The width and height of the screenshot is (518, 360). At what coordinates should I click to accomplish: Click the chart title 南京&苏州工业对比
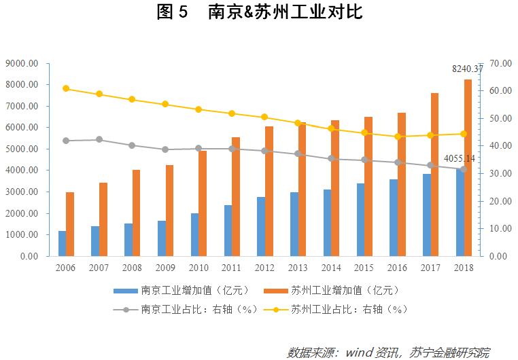pyautogui.click(x=259, y=13)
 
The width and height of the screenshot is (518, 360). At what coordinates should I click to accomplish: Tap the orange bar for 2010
pyautogui.click(x=203, y=204)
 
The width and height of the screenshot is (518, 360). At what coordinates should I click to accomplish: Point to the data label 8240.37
pyautogui.click(x=468, y=69)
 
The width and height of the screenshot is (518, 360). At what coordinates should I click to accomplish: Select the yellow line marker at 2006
pyautogui.click(x=66, y=88)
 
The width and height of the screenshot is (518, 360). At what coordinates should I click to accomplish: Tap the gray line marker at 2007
pyautogui.click(x=99, y=140)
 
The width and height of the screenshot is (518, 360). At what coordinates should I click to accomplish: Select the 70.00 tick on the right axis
pyautogui.click(x=500, y=64)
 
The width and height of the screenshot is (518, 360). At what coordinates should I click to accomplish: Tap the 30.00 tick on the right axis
pyautogui.click(x=500, y=174)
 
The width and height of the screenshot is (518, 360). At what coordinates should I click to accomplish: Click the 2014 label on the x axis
pyautogui.click(x=332, y=269)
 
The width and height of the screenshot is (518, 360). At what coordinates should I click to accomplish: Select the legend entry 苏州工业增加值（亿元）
pyautogui.click(x=338, y=291)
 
